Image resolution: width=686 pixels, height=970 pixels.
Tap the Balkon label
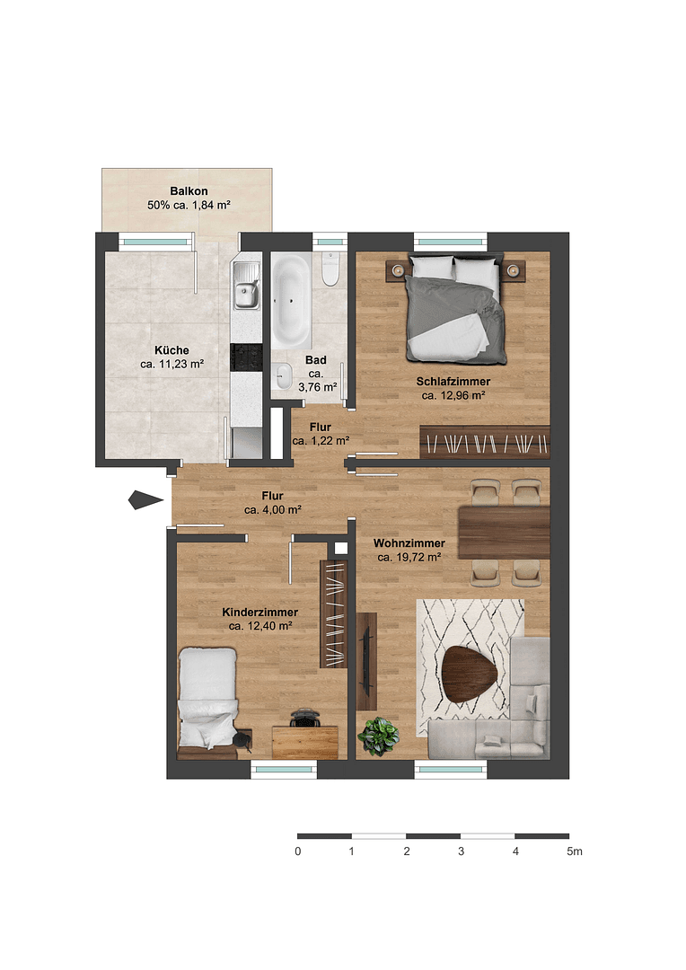coord(189,191)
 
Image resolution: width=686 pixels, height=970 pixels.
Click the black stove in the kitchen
coord(245,357)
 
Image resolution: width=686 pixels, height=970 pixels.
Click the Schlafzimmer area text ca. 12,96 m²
coord(453,394)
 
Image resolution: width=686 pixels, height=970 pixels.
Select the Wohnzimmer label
coord(409,543)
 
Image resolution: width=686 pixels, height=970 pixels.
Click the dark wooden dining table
coord(503,532)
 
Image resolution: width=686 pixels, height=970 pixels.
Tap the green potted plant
coord(378,736)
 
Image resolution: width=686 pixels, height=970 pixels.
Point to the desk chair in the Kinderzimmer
coord(305,719)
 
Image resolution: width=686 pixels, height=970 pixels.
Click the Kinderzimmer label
coord(260,612)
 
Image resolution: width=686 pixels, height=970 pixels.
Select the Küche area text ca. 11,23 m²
coord(171,364)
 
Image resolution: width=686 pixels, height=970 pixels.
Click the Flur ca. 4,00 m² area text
coord(272,509)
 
